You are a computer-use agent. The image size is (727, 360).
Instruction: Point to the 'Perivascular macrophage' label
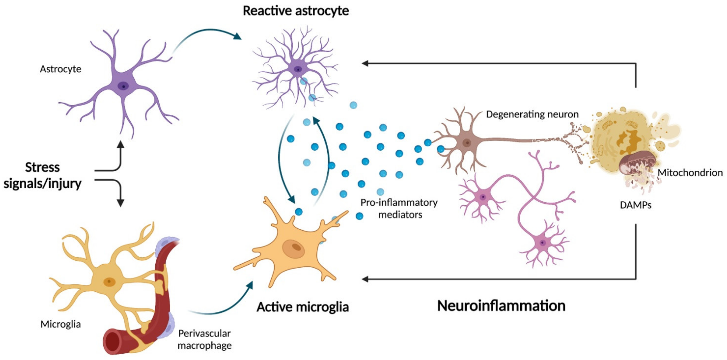205,339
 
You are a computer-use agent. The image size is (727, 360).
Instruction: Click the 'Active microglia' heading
303,307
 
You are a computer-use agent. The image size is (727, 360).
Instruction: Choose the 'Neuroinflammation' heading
501,306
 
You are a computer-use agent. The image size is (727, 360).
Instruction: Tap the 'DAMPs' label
636,205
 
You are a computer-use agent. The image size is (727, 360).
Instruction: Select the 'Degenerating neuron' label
532,114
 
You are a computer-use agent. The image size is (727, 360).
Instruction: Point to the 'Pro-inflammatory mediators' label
399,208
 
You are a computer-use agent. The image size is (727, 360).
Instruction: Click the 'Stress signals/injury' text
42,175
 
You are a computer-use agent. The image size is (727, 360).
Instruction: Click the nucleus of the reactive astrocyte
298,69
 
